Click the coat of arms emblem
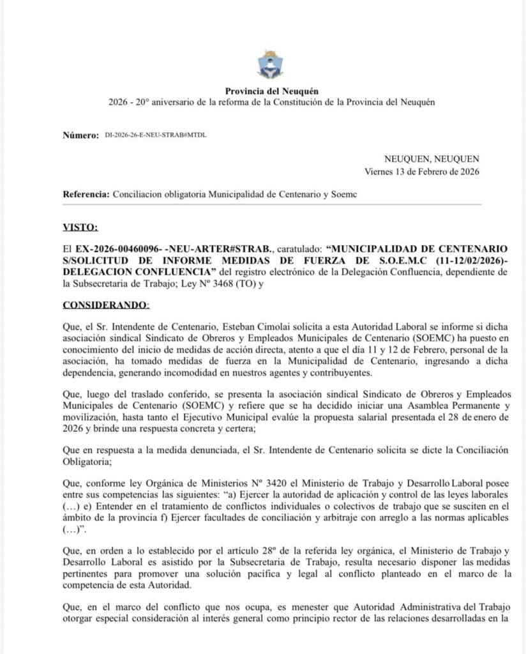point(271,65)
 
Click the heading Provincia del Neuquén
point(271,92)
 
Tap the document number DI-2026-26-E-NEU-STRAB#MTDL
point(156,135)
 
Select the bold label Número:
point(81,135)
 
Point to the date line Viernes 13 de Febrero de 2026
point(422,171)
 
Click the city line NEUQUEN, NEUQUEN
point(432,159)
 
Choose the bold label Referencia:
point(86,194)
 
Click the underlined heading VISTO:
point(80,227)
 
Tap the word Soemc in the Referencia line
point(344,194)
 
